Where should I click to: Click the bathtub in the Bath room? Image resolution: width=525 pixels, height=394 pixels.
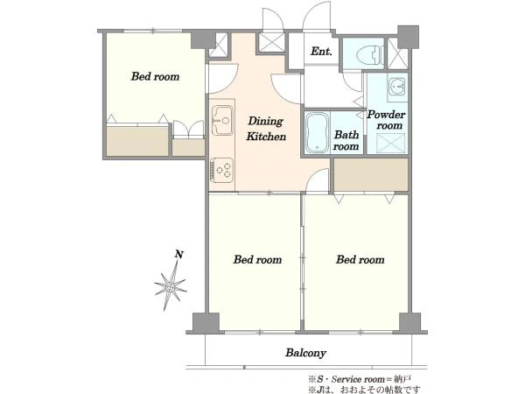(317, 133)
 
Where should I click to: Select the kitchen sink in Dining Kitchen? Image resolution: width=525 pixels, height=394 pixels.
(222, 120)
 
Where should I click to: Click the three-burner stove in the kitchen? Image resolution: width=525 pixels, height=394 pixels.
(221, 170)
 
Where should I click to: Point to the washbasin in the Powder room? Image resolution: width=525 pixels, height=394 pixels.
(397, 87)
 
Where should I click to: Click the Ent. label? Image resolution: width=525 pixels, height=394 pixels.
(321, 52)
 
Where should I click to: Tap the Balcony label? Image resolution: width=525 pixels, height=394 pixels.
(305, 353)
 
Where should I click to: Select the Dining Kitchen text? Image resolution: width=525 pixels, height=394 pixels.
(266, 129)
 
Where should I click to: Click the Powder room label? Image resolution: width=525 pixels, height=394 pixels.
(387, 120)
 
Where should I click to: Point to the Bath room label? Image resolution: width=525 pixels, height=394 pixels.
(346, 140)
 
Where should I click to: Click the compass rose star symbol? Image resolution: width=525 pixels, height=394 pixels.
(171, 285)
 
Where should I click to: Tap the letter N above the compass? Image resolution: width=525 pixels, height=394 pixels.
(179, 255)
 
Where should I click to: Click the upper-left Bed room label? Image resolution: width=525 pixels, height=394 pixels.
(156, 76)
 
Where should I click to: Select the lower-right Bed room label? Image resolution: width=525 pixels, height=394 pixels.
(360, 260)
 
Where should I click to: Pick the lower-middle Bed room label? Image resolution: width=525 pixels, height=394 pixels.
(257, 260)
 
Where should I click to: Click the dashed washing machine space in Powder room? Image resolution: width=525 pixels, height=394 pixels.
(391, 143)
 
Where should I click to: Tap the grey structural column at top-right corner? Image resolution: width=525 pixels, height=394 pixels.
(408, 36)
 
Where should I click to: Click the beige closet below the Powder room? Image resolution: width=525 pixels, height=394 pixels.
(371, 174)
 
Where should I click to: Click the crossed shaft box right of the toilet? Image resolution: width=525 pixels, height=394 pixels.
(398, 53)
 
